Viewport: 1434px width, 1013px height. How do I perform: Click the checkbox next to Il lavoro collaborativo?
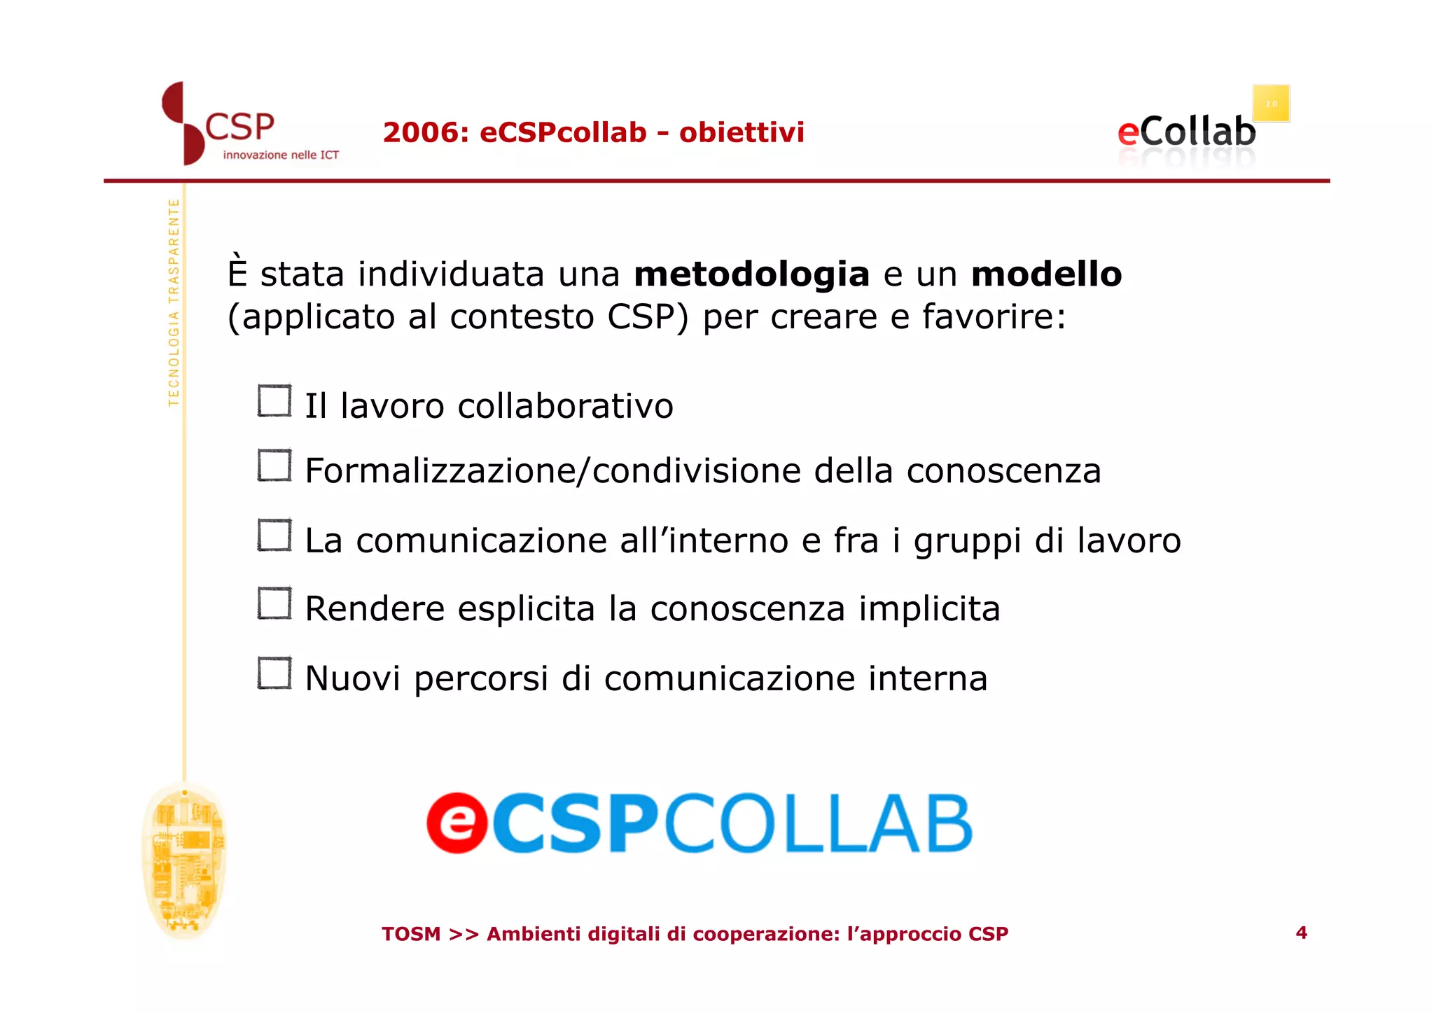tap(274, 401)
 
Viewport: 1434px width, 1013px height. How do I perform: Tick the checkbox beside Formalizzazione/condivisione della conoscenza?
tap(274, 466)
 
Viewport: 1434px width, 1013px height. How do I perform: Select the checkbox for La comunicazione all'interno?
tap(274, 536)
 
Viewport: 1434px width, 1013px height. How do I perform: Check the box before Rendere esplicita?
tap(274, 603)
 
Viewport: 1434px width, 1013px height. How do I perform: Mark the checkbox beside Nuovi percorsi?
tap(274, 673)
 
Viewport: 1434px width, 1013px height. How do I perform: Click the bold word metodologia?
tap(751, 274)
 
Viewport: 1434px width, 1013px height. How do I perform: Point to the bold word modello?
tap(1046, 274)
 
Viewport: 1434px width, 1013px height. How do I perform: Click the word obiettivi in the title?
tap(742, 132)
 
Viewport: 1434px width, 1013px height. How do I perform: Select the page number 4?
tap(1301, 932)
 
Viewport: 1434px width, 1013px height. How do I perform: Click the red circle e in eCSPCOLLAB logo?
tap(457, 823)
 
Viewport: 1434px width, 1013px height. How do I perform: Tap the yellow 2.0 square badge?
tap(1271, 104)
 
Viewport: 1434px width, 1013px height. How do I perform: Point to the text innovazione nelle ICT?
tap(281, 155)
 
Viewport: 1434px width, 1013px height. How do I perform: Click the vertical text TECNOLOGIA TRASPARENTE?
tap(174, 302)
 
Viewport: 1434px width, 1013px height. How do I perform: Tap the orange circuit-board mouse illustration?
tap(183, 861)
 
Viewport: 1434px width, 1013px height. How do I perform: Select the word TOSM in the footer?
tap(411, 934)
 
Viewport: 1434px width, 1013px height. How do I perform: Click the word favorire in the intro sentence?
tap(993, 316)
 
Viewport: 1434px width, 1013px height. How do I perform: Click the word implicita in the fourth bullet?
tap(929, 608)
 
